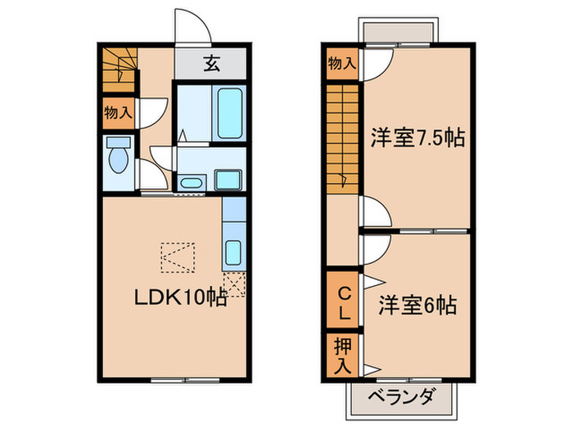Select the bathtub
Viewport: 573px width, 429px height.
coord(227,113)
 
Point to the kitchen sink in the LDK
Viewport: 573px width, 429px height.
coord(232,251)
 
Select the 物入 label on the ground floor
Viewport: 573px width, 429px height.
coord(118,112)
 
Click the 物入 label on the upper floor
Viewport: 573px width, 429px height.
coord(343,64)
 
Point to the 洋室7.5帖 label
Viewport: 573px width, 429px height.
coord(417,137)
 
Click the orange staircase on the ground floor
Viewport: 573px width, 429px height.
coord(118,69)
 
